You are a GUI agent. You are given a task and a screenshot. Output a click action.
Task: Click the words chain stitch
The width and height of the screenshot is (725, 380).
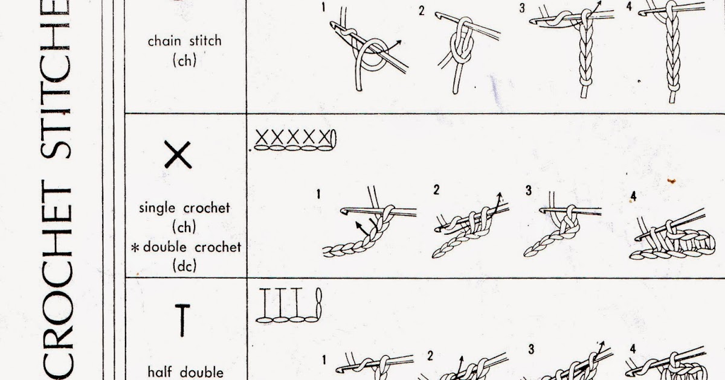(x=184, y=42)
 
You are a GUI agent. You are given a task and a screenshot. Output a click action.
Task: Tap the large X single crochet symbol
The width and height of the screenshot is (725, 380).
(x=178, y=154)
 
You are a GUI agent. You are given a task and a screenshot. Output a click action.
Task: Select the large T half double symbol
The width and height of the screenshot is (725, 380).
(x=182, y=320)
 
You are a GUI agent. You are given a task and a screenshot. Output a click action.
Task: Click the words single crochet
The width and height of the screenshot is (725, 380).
(x=184, y=207)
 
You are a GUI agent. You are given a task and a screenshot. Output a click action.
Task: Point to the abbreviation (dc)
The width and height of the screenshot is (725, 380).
(x=184, y=266)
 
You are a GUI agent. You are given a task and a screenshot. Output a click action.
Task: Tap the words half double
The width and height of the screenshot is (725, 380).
(x=185, y=372)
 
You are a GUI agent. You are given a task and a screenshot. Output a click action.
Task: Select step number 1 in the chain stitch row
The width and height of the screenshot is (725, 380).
(x=323, y=7)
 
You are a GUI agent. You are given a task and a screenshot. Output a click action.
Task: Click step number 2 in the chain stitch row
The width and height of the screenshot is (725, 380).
(x=422, y=11)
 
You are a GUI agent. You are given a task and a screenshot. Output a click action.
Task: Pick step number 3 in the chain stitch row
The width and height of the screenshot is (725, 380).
(x=522, y=8)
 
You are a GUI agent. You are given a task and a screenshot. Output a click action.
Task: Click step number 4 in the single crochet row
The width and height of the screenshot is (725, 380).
(x=633, y=196)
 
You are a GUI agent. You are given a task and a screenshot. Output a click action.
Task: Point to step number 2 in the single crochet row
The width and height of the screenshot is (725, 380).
(x=436, y=189)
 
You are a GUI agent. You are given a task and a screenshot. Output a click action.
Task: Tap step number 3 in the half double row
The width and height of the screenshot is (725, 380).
(x=531, y=349)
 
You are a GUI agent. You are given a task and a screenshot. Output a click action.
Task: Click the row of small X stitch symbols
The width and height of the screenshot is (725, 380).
(x=295, y=140)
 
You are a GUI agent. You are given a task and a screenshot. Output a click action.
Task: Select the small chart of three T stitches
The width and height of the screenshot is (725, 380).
(x=289, y=305)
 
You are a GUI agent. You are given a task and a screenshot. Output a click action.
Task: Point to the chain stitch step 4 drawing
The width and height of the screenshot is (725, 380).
(x=672, y=52)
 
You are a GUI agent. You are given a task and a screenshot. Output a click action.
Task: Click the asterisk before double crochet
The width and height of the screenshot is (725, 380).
(x=135, y=248)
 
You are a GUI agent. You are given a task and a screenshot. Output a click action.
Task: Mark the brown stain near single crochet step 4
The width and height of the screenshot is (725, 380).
(x=672, y=181)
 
